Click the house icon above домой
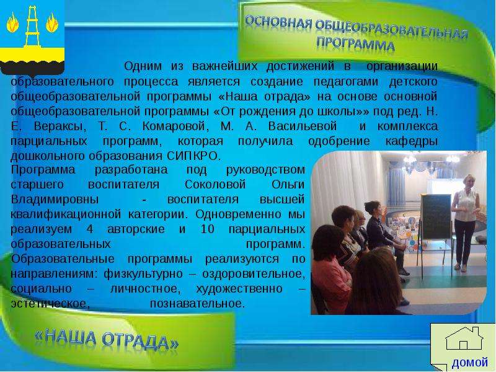(464, 339)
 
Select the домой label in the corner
(470, 362)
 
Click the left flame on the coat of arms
(12, 22)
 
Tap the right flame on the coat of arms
(52, 22)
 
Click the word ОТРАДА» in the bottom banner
(140, 341)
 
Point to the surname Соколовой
(215, 184)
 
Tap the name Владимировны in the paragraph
(55, 199)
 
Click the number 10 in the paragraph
(208, 229)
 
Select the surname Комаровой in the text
(175, 126)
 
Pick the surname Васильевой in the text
(303, 126)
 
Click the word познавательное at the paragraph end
(197, 303)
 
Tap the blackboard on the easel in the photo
(436, 216)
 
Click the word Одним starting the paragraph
(143, 66)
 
